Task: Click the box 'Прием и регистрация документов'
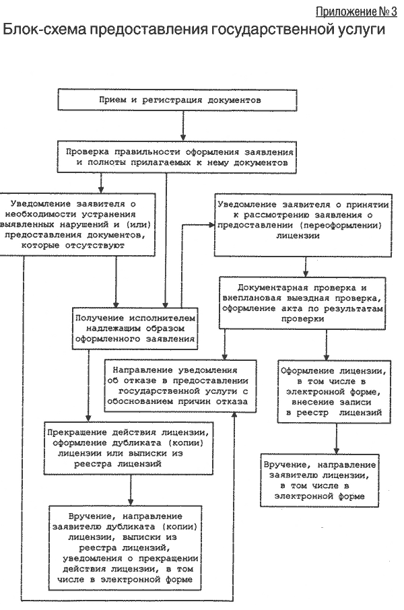[x=178, y=100]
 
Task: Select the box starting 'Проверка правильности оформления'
[x=177, y=157]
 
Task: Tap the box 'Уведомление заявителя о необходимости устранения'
[x=77, y=224]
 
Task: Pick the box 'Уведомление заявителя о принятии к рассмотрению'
[x=303, y=226]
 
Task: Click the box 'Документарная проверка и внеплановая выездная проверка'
[x=302, y=303]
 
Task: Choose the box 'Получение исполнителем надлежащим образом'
[x=135, y=329]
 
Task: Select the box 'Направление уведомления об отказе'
[x=180, y=386]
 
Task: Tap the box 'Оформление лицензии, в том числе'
[x=334, y=391]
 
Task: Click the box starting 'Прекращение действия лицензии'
[x=129, y=448]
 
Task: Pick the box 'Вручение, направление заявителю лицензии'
[x=320, y=481]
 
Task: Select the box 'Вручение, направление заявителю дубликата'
[x=125, y=548]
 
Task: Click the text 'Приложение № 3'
[x=356, y=11]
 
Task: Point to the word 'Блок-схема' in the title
[x=44, y=30]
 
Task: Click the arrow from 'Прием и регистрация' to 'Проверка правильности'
[x=183, y=125]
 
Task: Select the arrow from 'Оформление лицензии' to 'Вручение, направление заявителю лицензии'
[x=337, y=438]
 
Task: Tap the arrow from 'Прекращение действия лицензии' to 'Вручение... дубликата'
[x=131, y=490]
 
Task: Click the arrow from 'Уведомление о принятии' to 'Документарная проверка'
[x=306, y=267]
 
